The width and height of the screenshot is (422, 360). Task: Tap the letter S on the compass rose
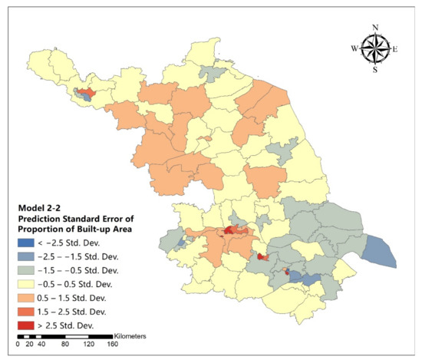click(375, 70)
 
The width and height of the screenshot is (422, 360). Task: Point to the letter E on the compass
click(395, 48)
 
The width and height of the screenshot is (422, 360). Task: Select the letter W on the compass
click(354, 48)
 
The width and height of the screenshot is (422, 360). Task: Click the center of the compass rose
click(375, 48)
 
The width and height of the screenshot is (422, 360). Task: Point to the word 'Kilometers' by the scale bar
click(130, 336)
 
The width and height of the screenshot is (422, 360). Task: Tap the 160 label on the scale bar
click(114, 345)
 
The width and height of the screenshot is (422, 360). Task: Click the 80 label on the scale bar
click(65, 345)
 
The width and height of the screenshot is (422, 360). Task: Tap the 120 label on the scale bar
click(89, 345)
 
